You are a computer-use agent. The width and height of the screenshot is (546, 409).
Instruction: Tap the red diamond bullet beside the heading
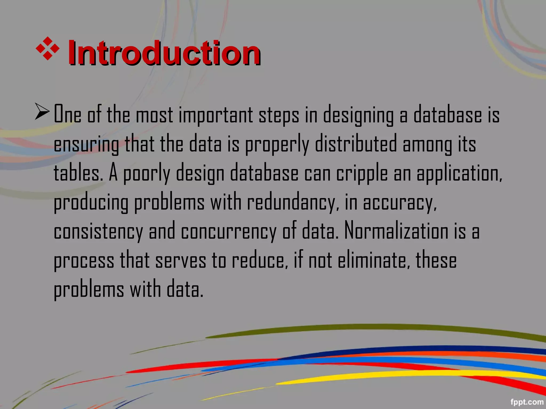pos(47,48)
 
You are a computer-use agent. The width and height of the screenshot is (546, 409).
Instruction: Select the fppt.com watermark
pos(527,402)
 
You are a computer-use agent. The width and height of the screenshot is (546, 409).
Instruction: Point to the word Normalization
pos(396,231)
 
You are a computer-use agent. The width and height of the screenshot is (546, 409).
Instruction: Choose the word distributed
pos(356,144)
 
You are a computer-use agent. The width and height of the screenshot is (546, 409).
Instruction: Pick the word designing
pos(358,115)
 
